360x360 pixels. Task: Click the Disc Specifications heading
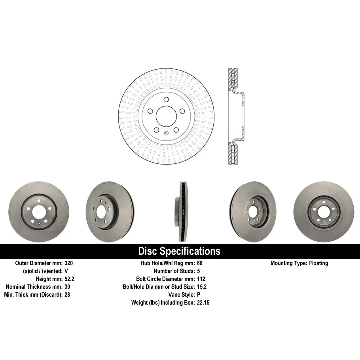pyautogui.click(x=179, y=251)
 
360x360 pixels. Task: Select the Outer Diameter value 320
pyautogui.click(x=69, y=263)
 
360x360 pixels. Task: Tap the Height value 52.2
pyautogui.click(x=69, y=279)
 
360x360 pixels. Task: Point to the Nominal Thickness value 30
pyautogui.click(x=67, y=287)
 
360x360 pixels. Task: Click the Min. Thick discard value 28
pyautogui.click(x=67, y=295)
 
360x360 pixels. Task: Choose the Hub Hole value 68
pyautogui.click(x=200, y=263)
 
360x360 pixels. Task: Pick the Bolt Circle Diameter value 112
pyautogui.click(x=201, y=279)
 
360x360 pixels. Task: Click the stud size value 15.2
pyautogui.click(x=202, y=287)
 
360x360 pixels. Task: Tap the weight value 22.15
pyautogui.click(x=203, y=303)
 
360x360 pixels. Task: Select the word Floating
pyautogui.click(x=319, y=263)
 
